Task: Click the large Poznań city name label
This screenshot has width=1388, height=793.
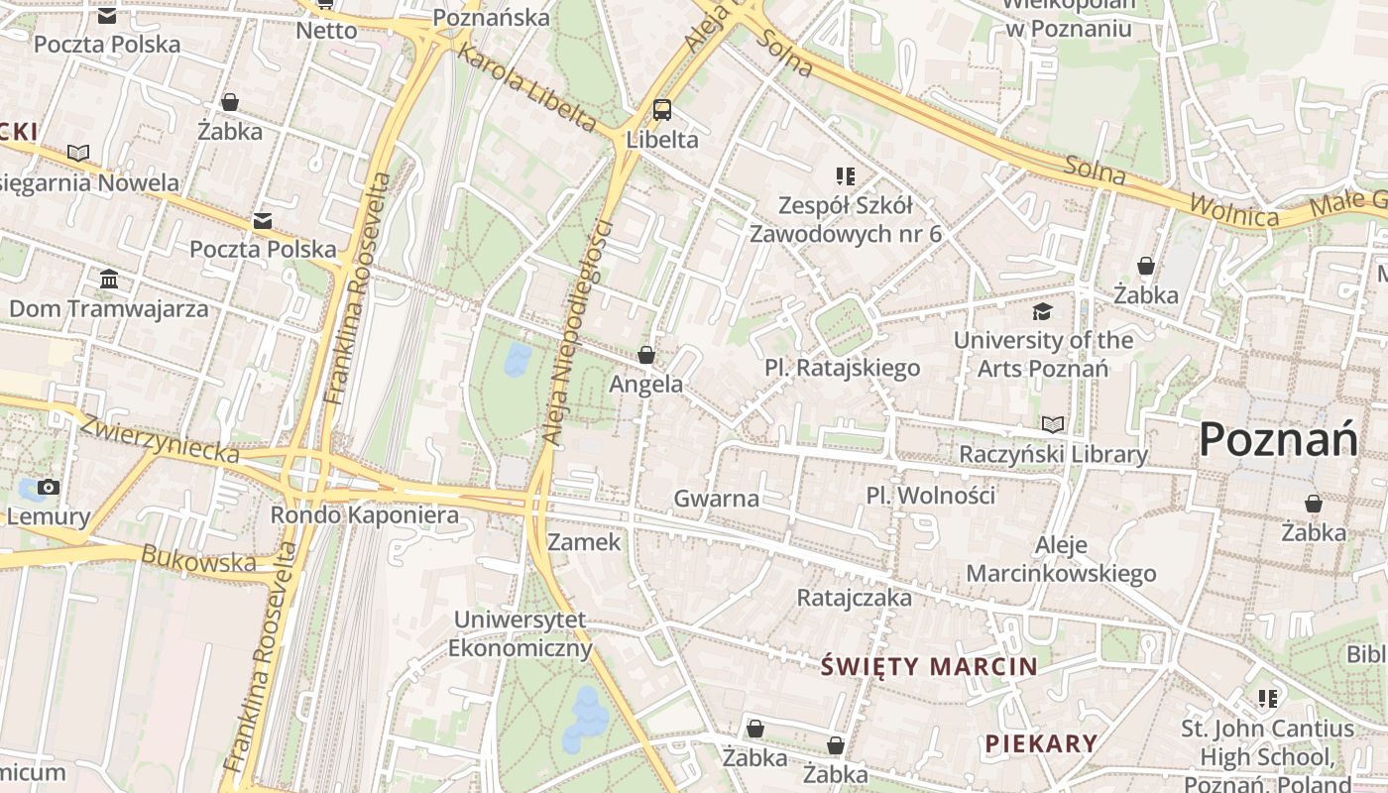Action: [1278, 439]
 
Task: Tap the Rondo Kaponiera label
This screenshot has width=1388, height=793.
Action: [365, 515]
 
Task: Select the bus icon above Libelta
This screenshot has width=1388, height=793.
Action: [662, 110]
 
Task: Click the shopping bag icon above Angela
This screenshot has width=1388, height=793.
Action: [646, 355]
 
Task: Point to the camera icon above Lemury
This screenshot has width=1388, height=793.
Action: [48, 487]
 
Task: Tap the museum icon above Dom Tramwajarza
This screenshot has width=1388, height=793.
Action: [109, 280]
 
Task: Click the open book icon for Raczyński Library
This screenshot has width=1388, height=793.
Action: [1053, 425]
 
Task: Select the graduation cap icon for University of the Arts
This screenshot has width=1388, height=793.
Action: [1042, 312]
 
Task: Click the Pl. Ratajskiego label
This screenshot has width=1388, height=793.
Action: [842, 368]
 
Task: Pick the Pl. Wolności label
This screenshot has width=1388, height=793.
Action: [930, 495]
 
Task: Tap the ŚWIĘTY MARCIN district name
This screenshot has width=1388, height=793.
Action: [928, 666]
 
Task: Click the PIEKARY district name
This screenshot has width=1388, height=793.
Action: [1041, 742]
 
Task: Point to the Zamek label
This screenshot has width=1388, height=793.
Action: [584, 542]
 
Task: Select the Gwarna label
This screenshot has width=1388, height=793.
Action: [716, 499]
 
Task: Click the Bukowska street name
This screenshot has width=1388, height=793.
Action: [198, 560]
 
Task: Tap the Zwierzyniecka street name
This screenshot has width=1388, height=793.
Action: [160, 439]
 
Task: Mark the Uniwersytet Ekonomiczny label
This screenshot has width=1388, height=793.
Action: [520, 634]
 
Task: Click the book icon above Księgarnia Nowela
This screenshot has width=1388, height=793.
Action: [78, 153]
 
